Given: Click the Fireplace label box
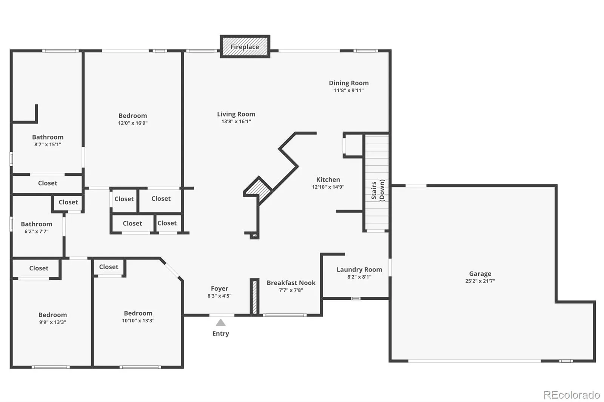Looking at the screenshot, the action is pyautogui.click(x=245, y=46).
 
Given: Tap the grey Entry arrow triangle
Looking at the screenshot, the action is pyautogui.click(x=220, y=322).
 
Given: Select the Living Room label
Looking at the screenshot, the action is pyautogui.click(x=236, y=114).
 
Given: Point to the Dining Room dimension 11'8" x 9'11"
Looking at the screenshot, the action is pyautogui.click(x=349, y=90).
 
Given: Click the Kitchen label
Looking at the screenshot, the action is pyautogui.click(x=328, y=180).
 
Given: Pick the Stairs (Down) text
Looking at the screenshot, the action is pyautogui.click(x=378, y=190).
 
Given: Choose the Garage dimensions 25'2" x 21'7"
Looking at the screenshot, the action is pyautogui.click(x=480, y=281).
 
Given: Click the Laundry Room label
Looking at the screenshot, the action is pyautogui.click(x=359, y=269).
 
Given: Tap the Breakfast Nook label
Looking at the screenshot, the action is pyautogui.click(x=291, y=282).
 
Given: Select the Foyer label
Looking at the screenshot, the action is pyautogui.click(x=219, y=288).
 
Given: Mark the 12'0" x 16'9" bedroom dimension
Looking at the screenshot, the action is pyautogui.click(x=133, y=123).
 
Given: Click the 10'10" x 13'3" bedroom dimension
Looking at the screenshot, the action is pyautogui.click(x=138, y=321).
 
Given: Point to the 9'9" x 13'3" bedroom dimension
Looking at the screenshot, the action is pyautogui.click(x=52, y=322).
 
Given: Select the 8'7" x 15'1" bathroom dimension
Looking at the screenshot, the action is pyautogui.click(x=48, y=144).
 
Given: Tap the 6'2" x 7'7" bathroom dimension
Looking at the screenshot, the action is pyautogui.click(x=36, y=232).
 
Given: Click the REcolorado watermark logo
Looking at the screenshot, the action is pyautogui.click(x=572, y=395).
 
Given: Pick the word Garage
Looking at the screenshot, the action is pyautogui.click(x=480, y=274).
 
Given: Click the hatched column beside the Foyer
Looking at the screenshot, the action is pyautogui.click(x=254, y=297).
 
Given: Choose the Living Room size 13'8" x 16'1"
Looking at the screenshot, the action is pyautogui.click(x=236, y=121).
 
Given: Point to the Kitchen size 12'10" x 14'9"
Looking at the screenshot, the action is pyautogui.click(x=328, y=187).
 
